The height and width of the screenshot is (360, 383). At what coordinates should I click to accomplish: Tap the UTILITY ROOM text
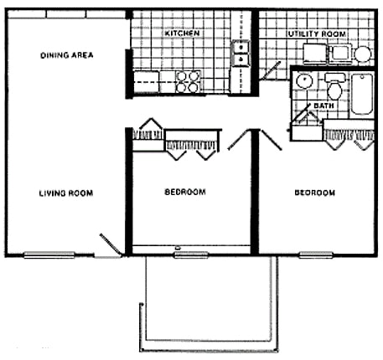pyautogui.click(x=316, y=33)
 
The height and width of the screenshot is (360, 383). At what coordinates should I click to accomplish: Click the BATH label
pyautogui.click(x=323, y=106)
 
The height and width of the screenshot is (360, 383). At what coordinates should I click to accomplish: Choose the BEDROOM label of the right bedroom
pyautogui.click(x=314, y=193)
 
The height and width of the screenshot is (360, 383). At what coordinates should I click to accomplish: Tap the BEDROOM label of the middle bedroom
pyautogui.click(x=184, y=193)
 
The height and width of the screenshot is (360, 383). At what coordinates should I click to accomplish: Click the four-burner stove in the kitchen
pyautogui.click(x=189, y=80)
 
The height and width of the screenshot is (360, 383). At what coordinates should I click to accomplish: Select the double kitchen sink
pyautogui.click(x=241, y=53)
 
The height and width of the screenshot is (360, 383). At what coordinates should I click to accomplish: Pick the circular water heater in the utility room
pyautogui.click(x=362, y=54)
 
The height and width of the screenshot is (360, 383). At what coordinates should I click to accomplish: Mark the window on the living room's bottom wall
pyautogui.click(x=47, y=254)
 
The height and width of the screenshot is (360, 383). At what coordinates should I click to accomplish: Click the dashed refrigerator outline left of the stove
pyautogui.click(x=147, y=81)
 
